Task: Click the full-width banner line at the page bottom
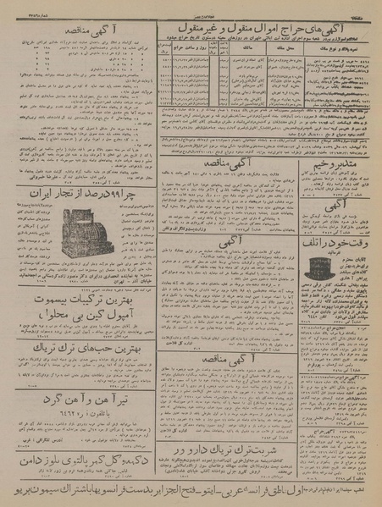click(191, 490)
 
